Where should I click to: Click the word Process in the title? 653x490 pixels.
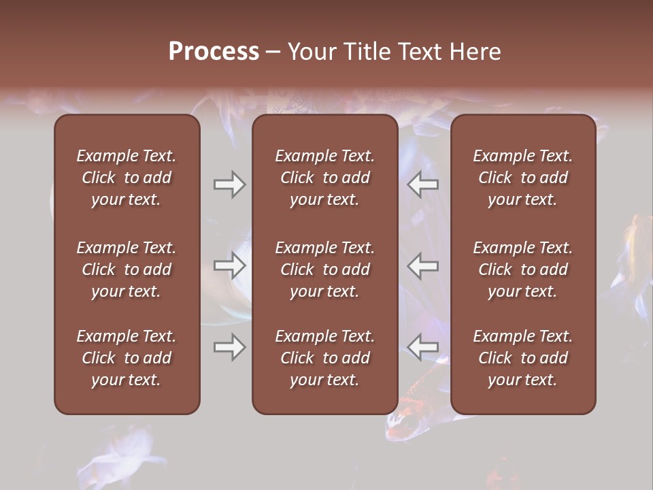(214, 52)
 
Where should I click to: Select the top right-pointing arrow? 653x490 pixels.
(230, 184)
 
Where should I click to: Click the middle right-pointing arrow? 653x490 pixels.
(230, 266)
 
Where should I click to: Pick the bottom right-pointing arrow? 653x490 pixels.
(230, 348)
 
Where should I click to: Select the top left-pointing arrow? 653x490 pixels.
(423, 184)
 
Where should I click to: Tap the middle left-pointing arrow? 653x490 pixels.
(423, 266)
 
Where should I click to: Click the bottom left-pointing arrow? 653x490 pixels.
(423, 348)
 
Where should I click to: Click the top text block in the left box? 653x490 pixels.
(127, 178)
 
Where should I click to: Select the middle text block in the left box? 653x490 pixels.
(127, 269)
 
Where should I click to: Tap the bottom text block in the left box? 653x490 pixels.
(127, 358)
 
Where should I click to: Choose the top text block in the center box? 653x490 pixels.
(324, 178)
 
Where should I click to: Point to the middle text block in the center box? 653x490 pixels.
(324, 269)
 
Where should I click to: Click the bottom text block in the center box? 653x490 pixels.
(324, 358)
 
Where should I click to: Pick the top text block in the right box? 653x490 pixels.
(522, 178)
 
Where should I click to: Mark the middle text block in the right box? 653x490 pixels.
(522, 269)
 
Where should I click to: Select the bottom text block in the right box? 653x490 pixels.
(522, 358)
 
